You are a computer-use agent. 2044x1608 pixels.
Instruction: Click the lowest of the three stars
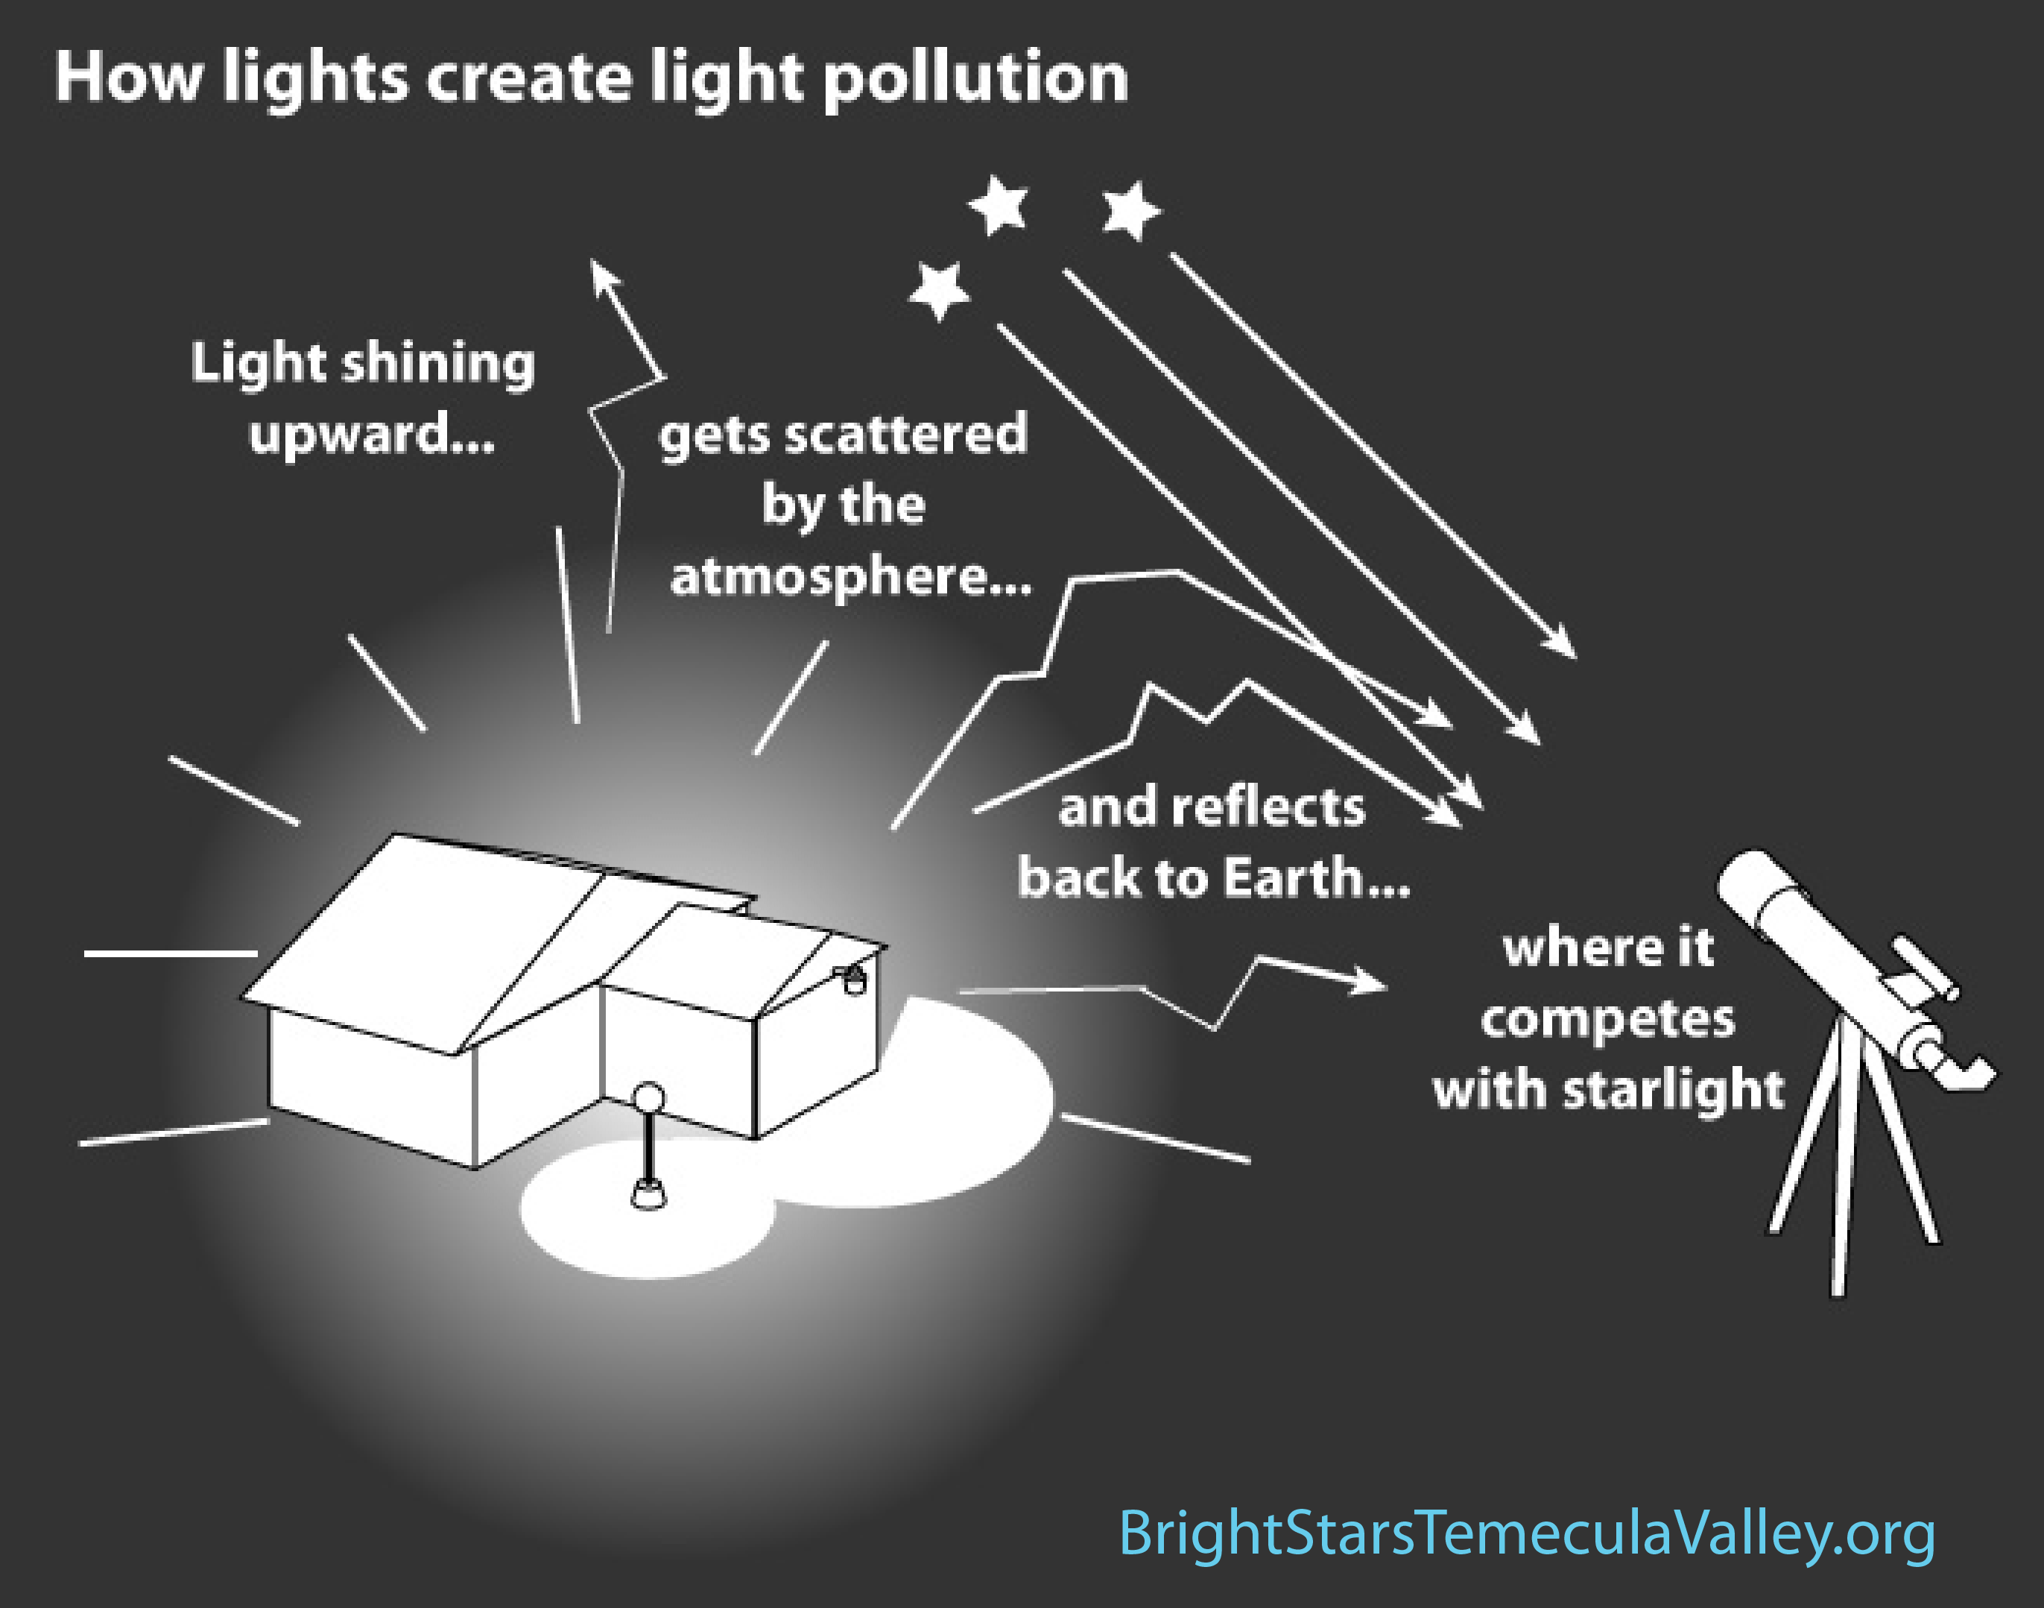(939, 290)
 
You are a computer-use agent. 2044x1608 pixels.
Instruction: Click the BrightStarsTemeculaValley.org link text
(1526, 1533)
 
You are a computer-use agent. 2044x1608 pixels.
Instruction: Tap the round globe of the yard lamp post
(648, 1098)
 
